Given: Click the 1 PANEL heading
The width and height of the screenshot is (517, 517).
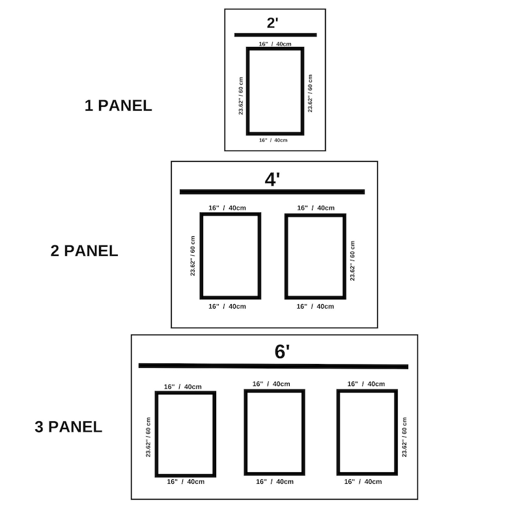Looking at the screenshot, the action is coord(118,105).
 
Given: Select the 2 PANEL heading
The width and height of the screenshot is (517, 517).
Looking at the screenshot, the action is coord(84,251).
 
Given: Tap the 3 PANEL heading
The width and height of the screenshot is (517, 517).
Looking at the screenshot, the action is coord(68,426).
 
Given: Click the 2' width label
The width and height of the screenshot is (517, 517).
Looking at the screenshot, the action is coord(273,23).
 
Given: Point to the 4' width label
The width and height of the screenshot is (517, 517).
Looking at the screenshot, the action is coord(272,179).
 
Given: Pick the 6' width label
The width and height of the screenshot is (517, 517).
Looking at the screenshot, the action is coord(282,351).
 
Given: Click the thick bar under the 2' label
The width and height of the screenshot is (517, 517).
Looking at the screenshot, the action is coord(275,35).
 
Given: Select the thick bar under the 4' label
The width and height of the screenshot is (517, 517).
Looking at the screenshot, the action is coord(272,192).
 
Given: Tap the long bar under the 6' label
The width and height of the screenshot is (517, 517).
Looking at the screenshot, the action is coord(273,366).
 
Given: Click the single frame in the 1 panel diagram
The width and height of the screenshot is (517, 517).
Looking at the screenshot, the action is coord(247,91).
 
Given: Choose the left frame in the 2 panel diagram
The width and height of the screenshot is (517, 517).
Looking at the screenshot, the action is coord(201,256).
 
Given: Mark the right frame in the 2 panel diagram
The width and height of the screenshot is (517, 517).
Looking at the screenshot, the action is coord(286,257).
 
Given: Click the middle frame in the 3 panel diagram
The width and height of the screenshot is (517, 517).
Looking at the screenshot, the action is coord(245,432).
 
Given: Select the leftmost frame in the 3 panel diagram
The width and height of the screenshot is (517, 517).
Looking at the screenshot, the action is coord(157,434).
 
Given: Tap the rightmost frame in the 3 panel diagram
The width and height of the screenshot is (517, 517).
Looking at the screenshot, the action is coord(339,432).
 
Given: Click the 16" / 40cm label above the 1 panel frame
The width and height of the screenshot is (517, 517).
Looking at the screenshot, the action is coord(275,44).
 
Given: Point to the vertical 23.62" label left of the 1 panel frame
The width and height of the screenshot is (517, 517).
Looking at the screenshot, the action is coord(241,96).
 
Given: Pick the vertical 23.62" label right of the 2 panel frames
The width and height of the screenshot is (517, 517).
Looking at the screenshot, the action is coord(352,261).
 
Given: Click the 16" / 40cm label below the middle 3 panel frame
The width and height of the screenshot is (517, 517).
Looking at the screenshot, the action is coord(275,482).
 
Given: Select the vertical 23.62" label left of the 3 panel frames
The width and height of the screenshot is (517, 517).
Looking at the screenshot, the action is coord(148,437).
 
